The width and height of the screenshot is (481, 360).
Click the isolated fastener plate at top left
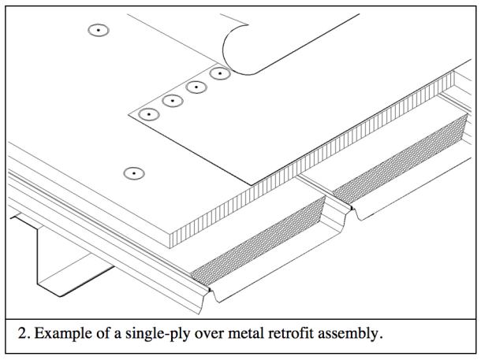97,31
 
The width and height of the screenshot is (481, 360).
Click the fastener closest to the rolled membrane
219,74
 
